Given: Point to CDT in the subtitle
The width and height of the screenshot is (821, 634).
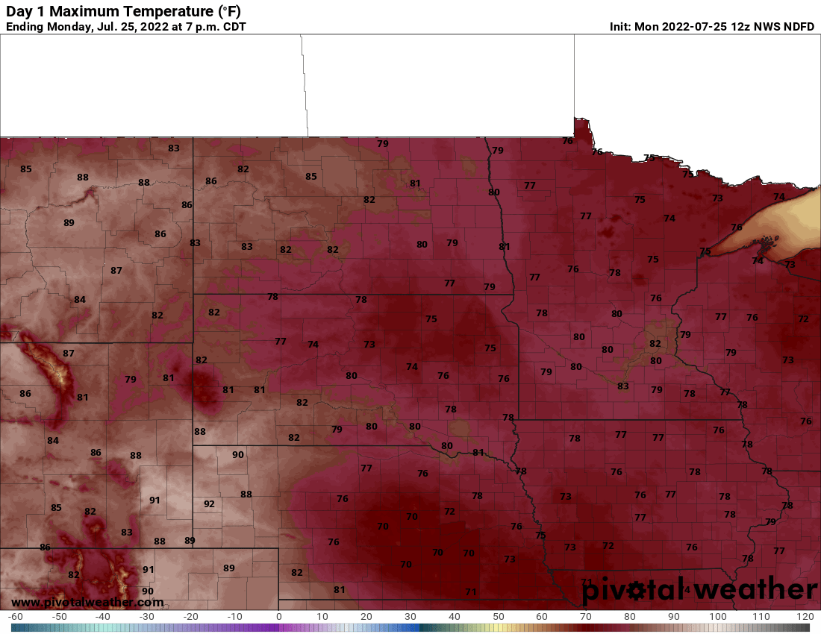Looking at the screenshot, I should click(231, 27).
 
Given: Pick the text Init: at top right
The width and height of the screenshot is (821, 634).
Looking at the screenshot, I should click(621, 27).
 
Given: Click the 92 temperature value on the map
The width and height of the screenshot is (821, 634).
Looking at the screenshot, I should click(209, 503).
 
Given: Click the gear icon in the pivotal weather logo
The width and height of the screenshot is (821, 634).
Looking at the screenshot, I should click(637, 591).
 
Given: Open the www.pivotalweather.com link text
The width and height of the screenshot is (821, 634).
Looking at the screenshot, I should click(87, 602).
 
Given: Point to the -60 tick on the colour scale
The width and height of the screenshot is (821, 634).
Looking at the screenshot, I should click(15, 617).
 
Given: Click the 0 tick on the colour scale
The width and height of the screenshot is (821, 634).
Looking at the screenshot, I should click(279, 617).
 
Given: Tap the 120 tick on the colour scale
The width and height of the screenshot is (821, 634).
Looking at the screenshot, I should click(805, 617).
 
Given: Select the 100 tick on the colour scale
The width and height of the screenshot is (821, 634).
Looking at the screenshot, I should click(717, 617).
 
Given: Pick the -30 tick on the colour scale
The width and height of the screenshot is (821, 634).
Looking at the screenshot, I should click(147, 617).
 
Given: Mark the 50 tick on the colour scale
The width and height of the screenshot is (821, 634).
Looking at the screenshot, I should click(498, 617).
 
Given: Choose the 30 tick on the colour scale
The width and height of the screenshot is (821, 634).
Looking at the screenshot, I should click(410, 617).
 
